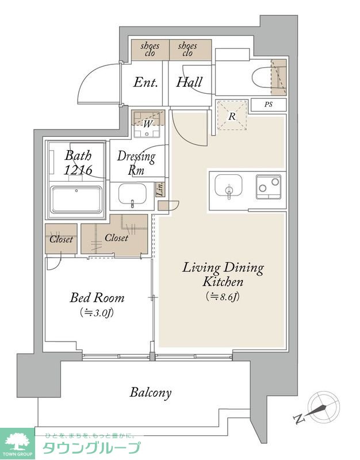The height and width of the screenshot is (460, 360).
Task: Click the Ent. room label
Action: coord(145,82)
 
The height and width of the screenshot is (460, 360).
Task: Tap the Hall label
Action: coord(189,82)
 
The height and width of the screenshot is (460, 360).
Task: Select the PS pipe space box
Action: coord(269,105)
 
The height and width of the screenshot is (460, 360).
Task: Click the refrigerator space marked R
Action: coord(232,116)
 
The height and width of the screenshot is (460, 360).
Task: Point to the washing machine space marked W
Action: coord(148,124)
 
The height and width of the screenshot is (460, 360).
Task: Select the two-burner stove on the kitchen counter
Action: coord(269,187)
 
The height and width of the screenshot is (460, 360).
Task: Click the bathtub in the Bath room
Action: coord(76,200)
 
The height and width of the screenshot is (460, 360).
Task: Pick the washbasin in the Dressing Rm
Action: coord(132,194)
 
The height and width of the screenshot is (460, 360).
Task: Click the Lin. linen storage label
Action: coord(160,189)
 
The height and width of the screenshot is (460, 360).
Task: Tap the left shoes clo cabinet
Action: coord(150,50)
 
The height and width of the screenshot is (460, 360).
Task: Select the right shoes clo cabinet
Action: coord(190,50)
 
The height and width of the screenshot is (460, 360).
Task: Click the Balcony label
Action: coord(151,393)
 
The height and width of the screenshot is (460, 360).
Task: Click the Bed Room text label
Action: coord(97,298)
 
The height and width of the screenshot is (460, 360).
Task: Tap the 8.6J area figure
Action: coord(223,297)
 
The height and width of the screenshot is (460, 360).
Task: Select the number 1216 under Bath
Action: coord(78,170)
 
